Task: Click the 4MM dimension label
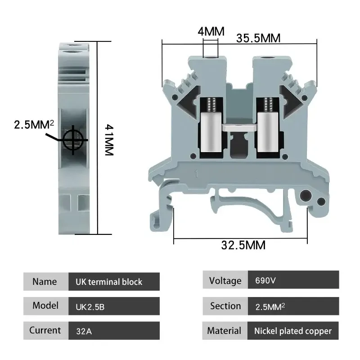[211, 32]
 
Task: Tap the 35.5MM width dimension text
[258, 38]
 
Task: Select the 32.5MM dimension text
[243, 245]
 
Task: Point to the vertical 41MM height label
[109, 139]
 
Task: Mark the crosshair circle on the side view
[73, 140]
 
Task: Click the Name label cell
[45, 282]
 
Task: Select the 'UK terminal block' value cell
[114, 282]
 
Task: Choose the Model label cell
[45, 306]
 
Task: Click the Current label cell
[45, 330]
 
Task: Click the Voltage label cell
[225, 281]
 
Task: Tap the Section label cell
[225, 306]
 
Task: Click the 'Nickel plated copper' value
[293, 331]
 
